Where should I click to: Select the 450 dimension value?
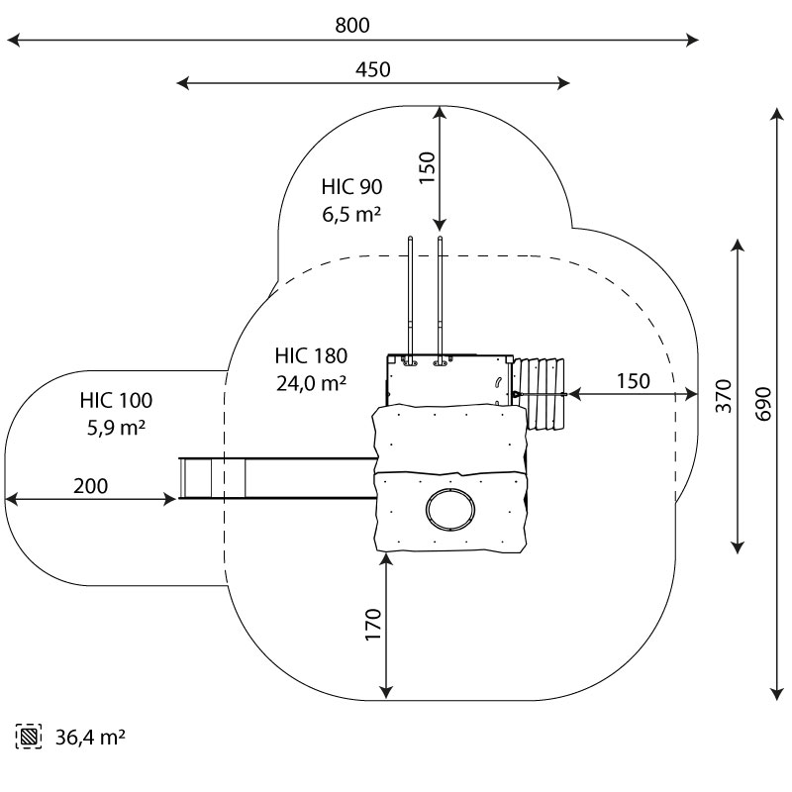coord(372,69)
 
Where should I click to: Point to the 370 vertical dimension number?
coord(723,395)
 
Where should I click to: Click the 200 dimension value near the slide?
coord(90,486)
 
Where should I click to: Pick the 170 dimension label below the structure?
coord(372,626)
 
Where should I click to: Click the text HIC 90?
coord(351,186)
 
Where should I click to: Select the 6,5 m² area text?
coord(351,213)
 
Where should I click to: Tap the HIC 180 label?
coord(312,356)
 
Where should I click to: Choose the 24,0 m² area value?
coord(312,384)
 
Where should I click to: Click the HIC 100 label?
coord(117,401)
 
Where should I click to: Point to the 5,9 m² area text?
coord(117,429)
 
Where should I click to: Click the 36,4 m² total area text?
coord(89,737)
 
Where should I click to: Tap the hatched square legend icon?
coord(30,737)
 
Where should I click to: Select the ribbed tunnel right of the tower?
coord(540,394)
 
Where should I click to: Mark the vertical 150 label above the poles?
coord(427,168)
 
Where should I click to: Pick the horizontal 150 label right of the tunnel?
coord(633,381)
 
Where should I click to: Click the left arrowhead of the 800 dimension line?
coord(12,41)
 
